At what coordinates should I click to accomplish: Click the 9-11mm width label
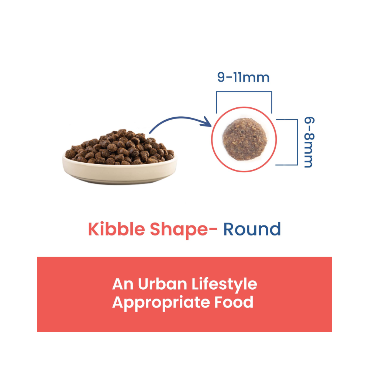coord(243,77)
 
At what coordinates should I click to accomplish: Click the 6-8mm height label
coord(309,142)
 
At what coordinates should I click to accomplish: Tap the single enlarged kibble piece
coord(245,139)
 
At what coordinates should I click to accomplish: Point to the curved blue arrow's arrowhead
coord(207,122)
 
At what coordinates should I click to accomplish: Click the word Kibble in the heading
coord(117,229)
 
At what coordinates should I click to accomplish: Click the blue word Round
coord(252,229)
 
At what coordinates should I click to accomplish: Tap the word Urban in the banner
coord(162,284)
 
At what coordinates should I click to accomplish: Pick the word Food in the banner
coord(234,302)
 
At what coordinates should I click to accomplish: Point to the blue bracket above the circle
coord(244,92)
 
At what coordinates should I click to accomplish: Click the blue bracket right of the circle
coord(297,142)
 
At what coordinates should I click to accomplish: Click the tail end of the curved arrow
coord(150,133)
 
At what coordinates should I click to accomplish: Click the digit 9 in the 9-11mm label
coord(221,77)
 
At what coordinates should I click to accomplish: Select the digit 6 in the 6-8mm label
coord(309,121)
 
